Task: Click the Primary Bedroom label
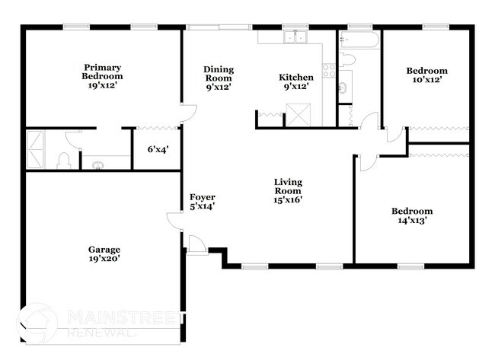(103, 77)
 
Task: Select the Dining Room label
(218, 78)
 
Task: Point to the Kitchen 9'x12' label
(295, 82)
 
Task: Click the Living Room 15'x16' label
(289, 190)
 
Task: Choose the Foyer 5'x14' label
(203, 201)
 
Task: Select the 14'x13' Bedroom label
(412, 216)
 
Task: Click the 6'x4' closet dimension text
(158, 149)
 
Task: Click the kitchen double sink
(292, 39)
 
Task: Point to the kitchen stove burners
(329, 71)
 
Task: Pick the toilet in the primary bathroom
(65, 159)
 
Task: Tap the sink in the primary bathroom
(97, 163)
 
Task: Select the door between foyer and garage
(175, 222)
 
